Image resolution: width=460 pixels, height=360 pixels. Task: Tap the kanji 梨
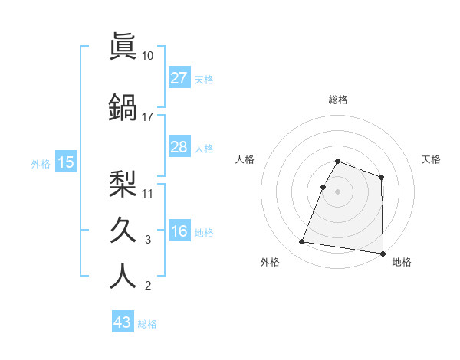[x=123, y=182]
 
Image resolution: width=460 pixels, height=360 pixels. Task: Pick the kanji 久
[x=123, y=229]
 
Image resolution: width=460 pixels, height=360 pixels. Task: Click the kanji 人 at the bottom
[x=123, y=276]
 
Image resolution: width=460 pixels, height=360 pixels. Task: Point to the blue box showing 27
[x=179, y=78]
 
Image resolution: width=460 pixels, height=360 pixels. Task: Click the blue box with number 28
[x=179, y=147]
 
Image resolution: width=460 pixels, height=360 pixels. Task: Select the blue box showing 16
[x=179, y=232]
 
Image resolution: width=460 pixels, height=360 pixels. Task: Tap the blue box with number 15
[x=65, y=162]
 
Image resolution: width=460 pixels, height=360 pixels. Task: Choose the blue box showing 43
[x=123, y=322]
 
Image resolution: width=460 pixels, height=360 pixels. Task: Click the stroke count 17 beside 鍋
[x=148, y=116]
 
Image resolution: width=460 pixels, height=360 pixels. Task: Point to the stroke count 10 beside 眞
[x=148, y=56]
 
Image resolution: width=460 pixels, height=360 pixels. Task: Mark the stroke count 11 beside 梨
[x=148, y=192]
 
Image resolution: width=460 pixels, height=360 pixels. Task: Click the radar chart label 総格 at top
[x=338, y=100]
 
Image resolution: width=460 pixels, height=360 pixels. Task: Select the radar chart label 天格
[x=432, y=159]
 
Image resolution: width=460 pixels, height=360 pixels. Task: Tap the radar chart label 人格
[x=245, y=159]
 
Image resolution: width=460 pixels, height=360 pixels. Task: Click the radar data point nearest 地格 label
[x=383, y=253]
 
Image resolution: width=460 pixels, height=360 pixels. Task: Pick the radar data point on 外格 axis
[x=302, y=242]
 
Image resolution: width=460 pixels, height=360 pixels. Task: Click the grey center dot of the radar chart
[x=338, y=191]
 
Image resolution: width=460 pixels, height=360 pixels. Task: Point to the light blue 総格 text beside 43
[x=147, y=324]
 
